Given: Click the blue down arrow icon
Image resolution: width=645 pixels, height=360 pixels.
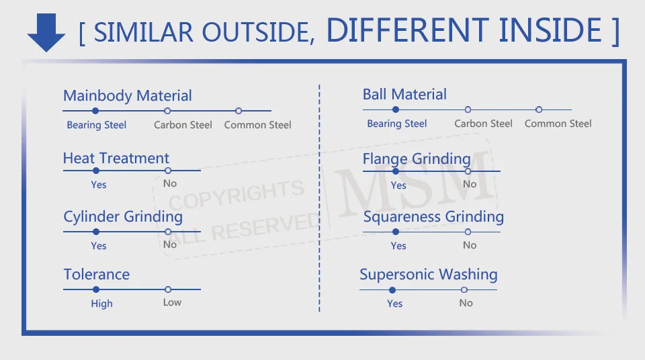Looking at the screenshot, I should tap(46, 32).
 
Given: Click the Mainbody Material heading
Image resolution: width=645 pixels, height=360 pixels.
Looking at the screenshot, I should tap(128, 96).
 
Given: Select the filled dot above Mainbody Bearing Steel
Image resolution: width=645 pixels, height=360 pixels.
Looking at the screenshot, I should tap(95, 111).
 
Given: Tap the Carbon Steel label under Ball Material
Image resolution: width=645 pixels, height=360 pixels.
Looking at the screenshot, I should tap(483, 124).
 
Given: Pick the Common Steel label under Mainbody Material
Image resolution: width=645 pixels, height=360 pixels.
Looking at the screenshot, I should tap(258, 125).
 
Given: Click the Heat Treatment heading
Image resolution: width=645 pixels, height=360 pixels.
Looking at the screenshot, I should tap(116, 159).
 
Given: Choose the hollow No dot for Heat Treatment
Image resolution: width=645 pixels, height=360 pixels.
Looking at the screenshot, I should tap(168, 171).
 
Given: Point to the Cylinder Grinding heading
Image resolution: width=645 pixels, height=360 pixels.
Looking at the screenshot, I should tap(123, 217).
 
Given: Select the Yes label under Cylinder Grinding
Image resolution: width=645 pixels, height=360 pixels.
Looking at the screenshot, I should tap(99, 246).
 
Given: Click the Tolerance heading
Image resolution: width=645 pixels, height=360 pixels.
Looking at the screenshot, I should tap(97, 275).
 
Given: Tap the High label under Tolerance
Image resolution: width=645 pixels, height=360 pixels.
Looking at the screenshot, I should tap(102, 304).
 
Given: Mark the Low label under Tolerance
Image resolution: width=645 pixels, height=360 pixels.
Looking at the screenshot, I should tap(172, 302).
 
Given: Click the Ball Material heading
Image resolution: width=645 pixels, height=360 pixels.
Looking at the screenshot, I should tap(404, 95).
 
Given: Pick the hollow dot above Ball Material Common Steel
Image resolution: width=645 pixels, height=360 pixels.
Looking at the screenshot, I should tap(539, 109).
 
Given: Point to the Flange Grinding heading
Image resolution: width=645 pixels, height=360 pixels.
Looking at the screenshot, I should tap(417, 159).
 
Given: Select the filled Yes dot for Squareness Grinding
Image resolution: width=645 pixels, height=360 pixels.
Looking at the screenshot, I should tap(396, 232).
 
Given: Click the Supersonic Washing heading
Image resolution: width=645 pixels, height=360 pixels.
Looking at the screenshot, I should tap(429, 275).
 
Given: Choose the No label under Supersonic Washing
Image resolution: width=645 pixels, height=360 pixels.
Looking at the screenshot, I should tap(466, 303).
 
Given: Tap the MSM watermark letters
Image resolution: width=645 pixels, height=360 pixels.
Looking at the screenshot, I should tap(415, 178).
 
